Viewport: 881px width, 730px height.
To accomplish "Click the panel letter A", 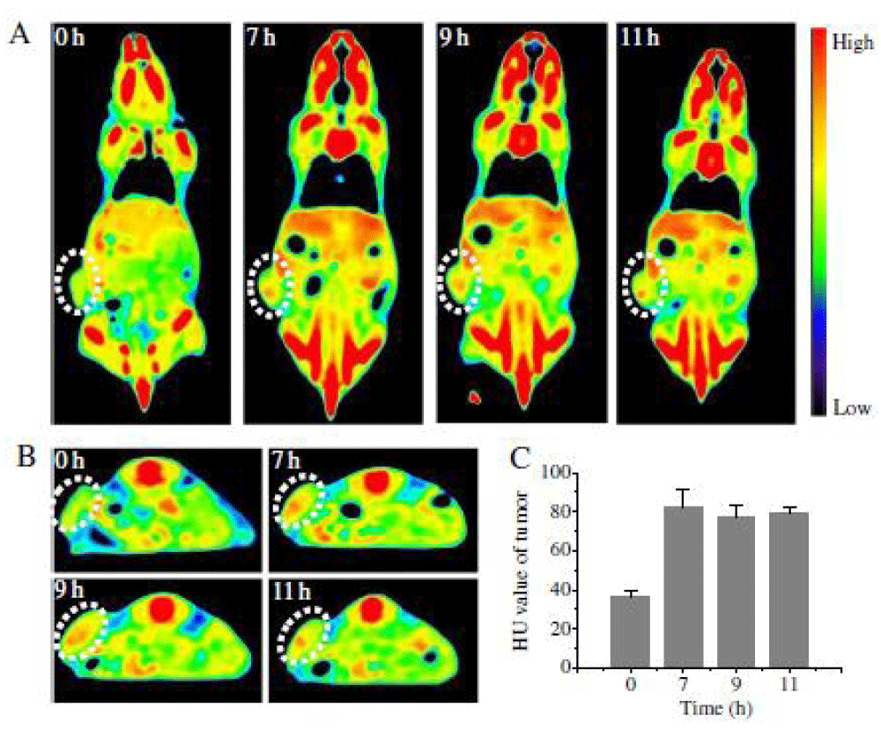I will [20, 36].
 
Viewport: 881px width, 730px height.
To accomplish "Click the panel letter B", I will [20, 459].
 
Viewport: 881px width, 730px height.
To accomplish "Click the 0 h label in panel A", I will [71, 41].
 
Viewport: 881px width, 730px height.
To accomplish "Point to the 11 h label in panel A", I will [640, 41].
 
